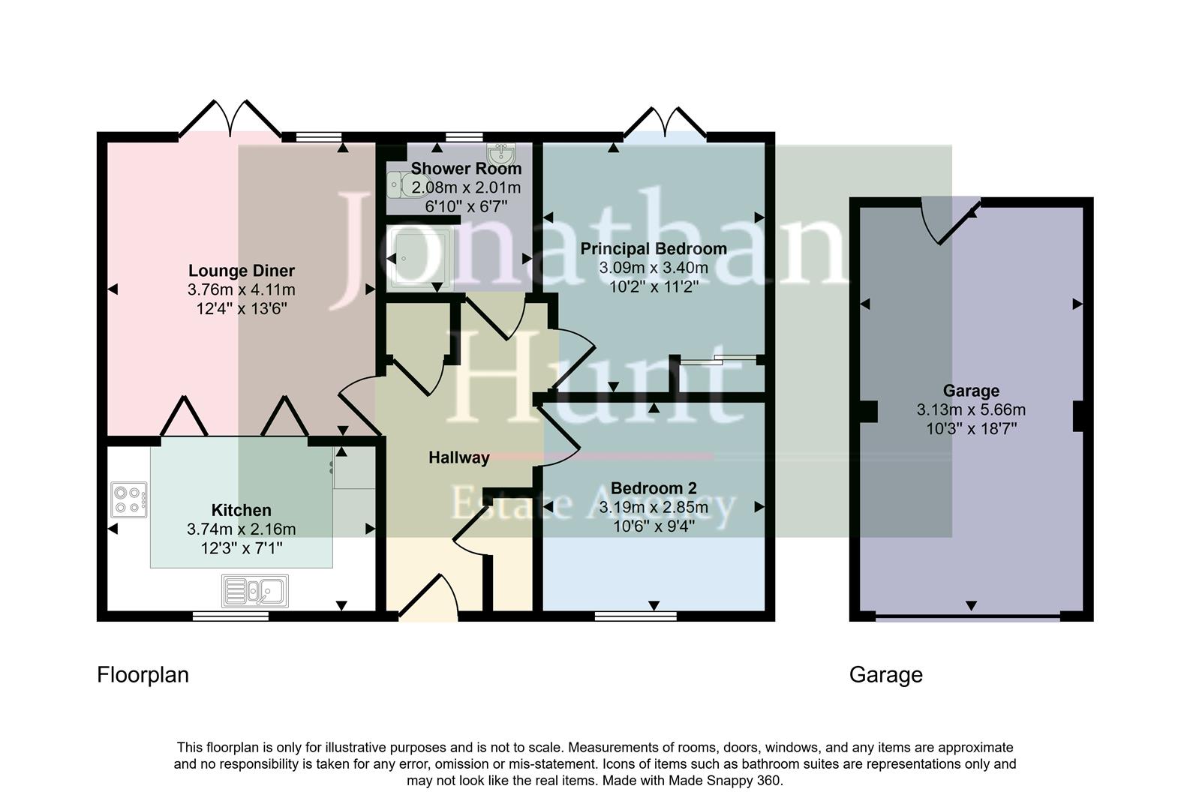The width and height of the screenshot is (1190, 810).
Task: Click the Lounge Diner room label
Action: click(x=241, y=271)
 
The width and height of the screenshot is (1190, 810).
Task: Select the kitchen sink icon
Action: click(x=255, y=591)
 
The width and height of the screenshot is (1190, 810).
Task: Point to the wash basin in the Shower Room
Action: click(x=500, y=155)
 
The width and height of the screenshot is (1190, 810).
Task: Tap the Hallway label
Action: click(x=458, y=457)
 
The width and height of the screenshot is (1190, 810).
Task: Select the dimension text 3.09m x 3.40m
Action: click(x=653, y=268)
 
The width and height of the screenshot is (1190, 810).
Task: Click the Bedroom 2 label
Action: click(x=653, y=488)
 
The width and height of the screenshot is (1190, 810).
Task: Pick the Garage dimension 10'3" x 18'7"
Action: click(x=971, y=429)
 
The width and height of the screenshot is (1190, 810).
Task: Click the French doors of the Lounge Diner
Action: click(x=230, y=120)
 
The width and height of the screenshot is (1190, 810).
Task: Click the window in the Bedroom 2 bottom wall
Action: click(x=636, y=616)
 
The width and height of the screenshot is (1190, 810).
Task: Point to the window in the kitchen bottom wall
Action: click(x=230, y=616)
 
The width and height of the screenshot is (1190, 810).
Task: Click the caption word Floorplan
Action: click(x=143, y=675)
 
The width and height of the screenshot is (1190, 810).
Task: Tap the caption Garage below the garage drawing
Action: click(x=885, y=675)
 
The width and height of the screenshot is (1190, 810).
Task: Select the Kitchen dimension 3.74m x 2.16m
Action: click(x=241, y=529)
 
